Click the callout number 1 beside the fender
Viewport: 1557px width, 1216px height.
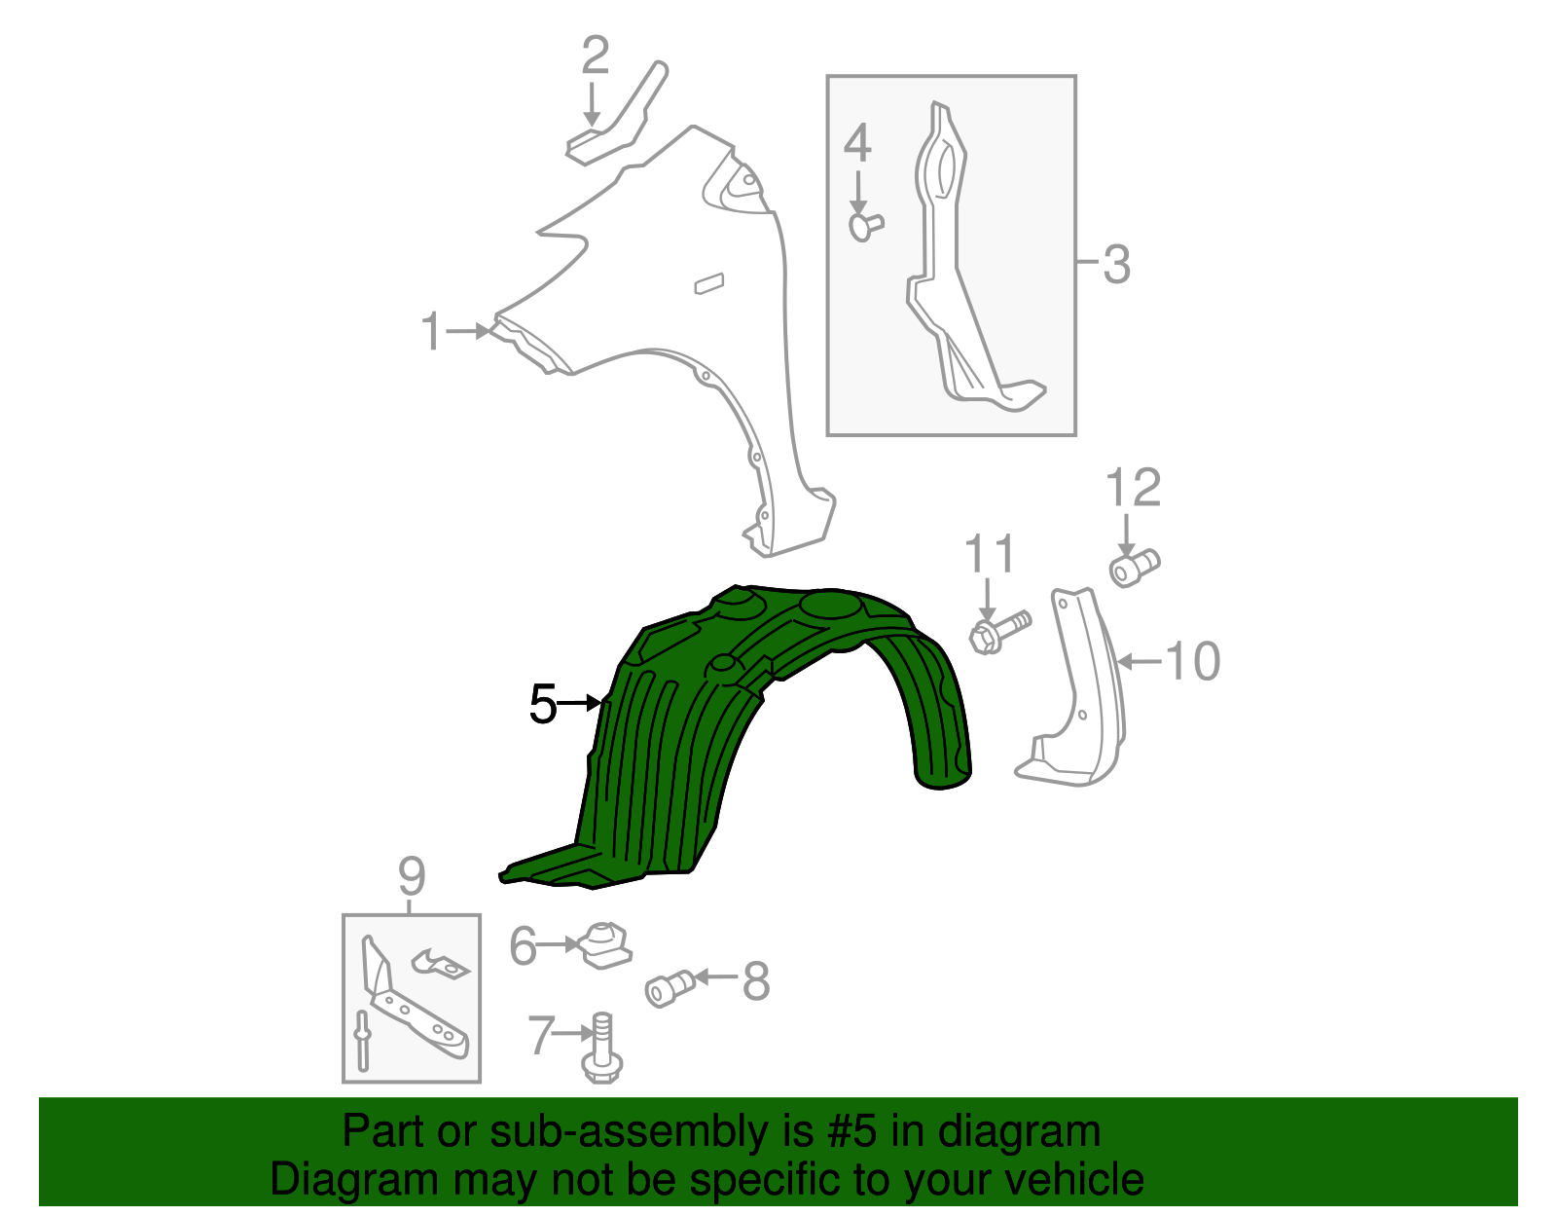[431, 332]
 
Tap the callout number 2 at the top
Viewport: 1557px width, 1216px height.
[595, 55]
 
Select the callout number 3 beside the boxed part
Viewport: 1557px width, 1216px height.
[1116, 264]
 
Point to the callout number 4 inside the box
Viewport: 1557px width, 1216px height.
[856, 144]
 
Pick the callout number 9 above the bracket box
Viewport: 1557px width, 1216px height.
[412, 876]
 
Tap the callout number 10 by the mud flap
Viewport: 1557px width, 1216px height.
[1192, 662]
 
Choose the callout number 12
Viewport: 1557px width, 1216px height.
[1134, 488]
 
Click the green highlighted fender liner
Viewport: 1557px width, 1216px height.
[681, 740]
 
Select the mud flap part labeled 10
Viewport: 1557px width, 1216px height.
[1080, 701]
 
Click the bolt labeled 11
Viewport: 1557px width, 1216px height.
[999, 630]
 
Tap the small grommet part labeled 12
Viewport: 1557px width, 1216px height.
[1135, 566]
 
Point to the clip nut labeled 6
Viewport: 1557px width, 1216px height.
[605, 945]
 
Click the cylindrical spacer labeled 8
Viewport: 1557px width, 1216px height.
[669, 987]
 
